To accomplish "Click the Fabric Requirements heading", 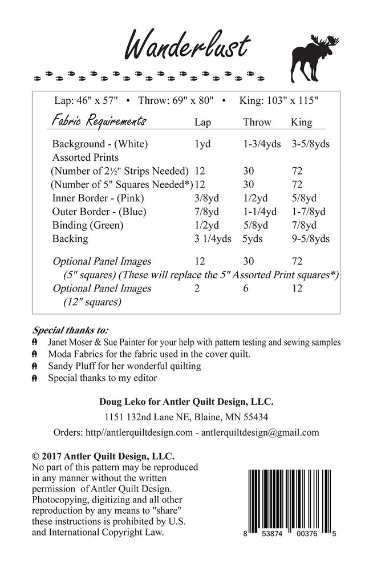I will pos(99,121).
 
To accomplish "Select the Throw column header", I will pos(257,123).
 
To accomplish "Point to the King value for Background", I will pos(311,144).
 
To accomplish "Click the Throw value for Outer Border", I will pos(259,212).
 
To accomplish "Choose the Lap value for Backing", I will pos(213,239).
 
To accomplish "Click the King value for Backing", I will pos(311,239).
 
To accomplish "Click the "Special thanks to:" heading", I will pos(71,330).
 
